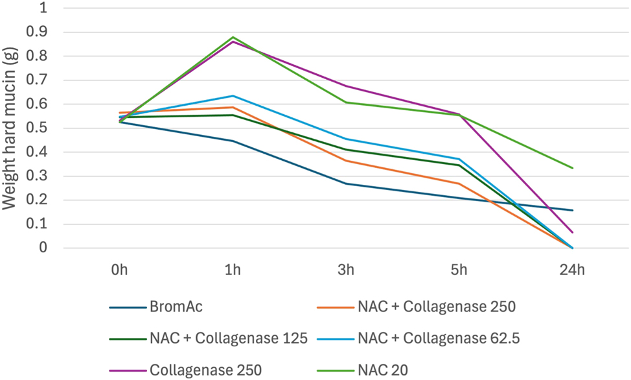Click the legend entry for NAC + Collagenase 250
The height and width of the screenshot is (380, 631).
(x=436, y=307)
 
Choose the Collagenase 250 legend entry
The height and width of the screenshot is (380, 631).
(x=205, y=370)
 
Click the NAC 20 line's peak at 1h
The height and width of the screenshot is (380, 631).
(x=233, y=37)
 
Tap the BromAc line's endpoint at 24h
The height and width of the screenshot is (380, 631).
(x=573, y=210)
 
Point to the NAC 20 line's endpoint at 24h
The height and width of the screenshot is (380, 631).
(x=573, y=168)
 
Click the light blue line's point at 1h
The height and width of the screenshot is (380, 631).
(x=233, y=96)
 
